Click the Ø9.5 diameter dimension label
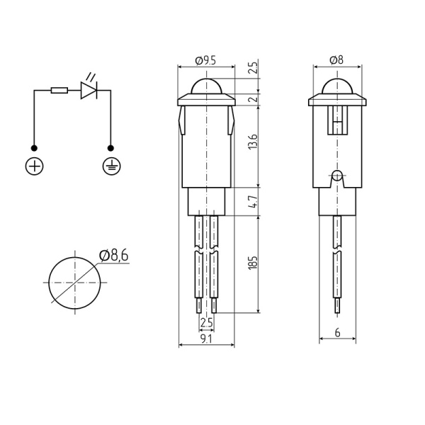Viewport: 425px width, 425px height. tap(205, 62)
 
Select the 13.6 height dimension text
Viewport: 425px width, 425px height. tap(254, 142)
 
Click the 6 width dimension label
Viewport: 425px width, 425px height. tap(338, 333)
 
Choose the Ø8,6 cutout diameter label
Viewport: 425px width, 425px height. tap(114, 256)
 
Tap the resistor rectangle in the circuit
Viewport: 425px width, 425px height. tap(59, 91)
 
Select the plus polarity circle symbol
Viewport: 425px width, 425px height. tap(34, 167)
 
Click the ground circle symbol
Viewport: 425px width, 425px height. tap(110, 167)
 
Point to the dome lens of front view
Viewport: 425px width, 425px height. tap(205, 86)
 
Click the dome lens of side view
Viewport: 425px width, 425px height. tap(337, 86)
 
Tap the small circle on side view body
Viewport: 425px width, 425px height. tap(337, 175)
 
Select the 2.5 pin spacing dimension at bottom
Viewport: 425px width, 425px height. tap(206, 323)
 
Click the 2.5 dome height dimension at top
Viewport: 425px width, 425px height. tap(254, 69)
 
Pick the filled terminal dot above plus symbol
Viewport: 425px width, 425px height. tap(34, 148)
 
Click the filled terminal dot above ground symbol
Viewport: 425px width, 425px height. tap(110, 148)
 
